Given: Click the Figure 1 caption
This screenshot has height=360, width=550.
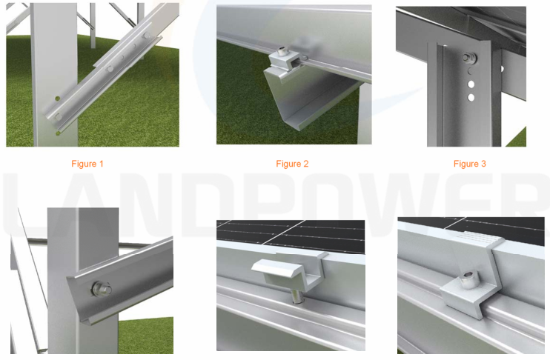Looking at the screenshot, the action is click(x=87, y=164).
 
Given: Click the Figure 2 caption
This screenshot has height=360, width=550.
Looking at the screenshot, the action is click(x=292, y=164).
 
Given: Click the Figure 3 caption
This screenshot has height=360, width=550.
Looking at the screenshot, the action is click(x=470, y=164).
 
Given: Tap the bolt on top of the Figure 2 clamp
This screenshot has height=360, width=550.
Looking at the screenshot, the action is click(x=282, y=52).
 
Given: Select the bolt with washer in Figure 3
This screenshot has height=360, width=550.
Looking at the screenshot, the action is click(x=468, y=58).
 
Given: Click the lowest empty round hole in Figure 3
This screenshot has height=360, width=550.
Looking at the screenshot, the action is click(x=471, y=98).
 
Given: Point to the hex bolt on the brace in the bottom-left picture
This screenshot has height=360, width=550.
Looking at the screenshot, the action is click(x=102, y=289).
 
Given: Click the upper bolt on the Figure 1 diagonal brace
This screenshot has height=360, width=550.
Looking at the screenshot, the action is click(x=145, y=36).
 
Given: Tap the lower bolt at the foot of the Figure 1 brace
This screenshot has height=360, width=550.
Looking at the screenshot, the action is click(x=59, y=116).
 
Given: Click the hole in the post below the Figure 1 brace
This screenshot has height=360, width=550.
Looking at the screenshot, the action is click(x=58, y=133).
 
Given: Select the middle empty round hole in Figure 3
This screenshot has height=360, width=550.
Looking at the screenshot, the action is click(x=471, y=84).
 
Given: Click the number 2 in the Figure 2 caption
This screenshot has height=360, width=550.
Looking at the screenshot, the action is click(x=305, y=164).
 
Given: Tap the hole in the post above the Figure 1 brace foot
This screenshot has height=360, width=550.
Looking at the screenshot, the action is click(x=58, y=99).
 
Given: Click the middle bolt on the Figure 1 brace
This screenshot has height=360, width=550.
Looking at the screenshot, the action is click(x=110, y=69).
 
